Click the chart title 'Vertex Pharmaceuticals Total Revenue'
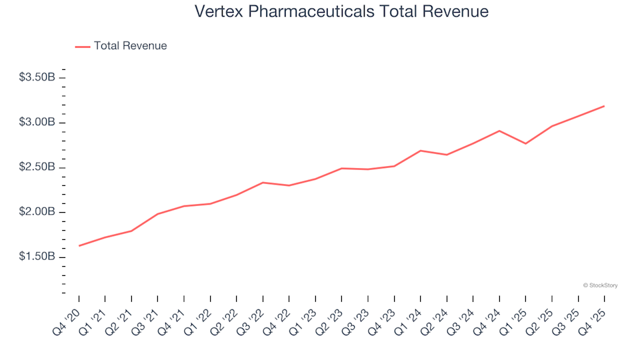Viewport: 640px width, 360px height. point(341,12)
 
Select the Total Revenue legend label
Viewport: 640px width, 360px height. point(130,46)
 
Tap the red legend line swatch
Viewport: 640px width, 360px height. point(83,47)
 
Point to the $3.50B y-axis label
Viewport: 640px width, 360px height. point(37,77)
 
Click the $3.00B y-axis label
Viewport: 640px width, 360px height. point(37,123)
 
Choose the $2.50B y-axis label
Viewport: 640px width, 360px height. point(37,167)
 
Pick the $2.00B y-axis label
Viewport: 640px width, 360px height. point(37,213)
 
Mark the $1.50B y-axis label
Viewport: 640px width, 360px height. point(37,257)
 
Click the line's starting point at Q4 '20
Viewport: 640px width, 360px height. point(79,246)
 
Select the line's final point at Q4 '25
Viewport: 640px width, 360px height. point(604,106)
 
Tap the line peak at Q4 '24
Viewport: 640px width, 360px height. point(499,131)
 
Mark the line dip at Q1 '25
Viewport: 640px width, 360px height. point(525,143)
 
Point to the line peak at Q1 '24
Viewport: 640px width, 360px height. point(421,151)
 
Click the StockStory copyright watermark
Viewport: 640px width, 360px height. point(600,285)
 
